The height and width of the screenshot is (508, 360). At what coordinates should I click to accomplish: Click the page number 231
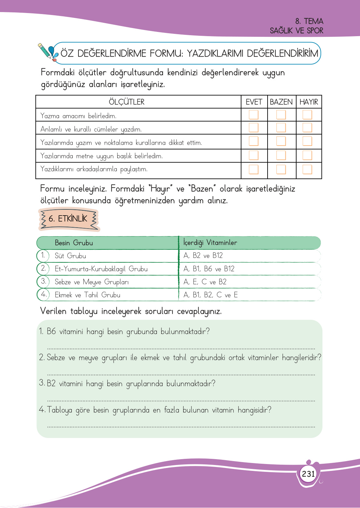coord(308,473)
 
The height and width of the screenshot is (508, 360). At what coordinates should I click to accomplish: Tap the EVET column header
coord(254,102)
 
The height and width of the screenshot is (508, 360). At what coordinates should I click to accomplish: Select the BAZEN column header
coord(281,102)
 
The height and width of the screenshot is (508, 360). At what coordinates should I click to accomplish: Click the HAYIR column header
coord(309,102)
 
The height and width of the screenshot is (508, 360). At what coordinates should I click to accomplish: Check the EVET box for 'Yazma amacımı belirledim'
coord(254,115)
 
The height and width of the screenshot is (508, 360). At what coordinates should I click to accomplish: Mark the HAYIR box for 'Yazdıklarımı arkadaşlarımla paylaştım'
coord(307,169)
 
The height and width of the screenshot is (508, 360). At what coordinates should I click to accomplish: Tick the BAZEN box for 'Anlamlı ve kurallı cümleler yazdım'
coord(281,128)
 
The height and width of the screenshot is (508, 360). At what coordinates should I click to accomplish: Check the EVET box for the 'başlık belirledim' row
coord(254,155)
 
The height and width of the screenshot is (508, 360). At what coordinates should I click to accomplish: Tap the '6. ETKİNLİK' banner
coord(68,219)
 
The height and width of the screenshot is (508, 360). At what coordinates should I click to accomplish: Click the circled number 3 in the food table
coord(43,281)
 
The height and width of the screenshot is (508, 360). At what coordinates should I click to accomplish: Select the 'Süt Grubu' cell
coord(70,256)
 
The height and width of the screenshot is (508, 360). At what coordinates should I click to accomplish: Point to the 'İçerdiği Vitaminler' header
coord(210,243)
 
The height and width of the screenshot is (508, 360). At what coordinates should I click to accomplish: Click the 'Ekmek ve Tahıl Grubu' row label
coord(88,295)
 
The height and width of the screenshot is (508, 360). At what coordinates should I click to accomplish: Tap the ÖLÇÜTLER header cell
coord(127,102)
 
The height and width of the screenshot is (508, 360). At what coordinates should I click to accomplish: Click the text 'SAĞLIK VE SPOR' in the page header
coord(296,31)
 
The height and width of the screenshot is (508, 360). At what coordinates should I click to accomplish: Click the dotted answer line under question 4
coord(181,426)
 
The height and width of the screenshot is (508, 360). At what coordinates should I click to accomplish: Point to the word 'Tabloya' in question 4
coord(60,410)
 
